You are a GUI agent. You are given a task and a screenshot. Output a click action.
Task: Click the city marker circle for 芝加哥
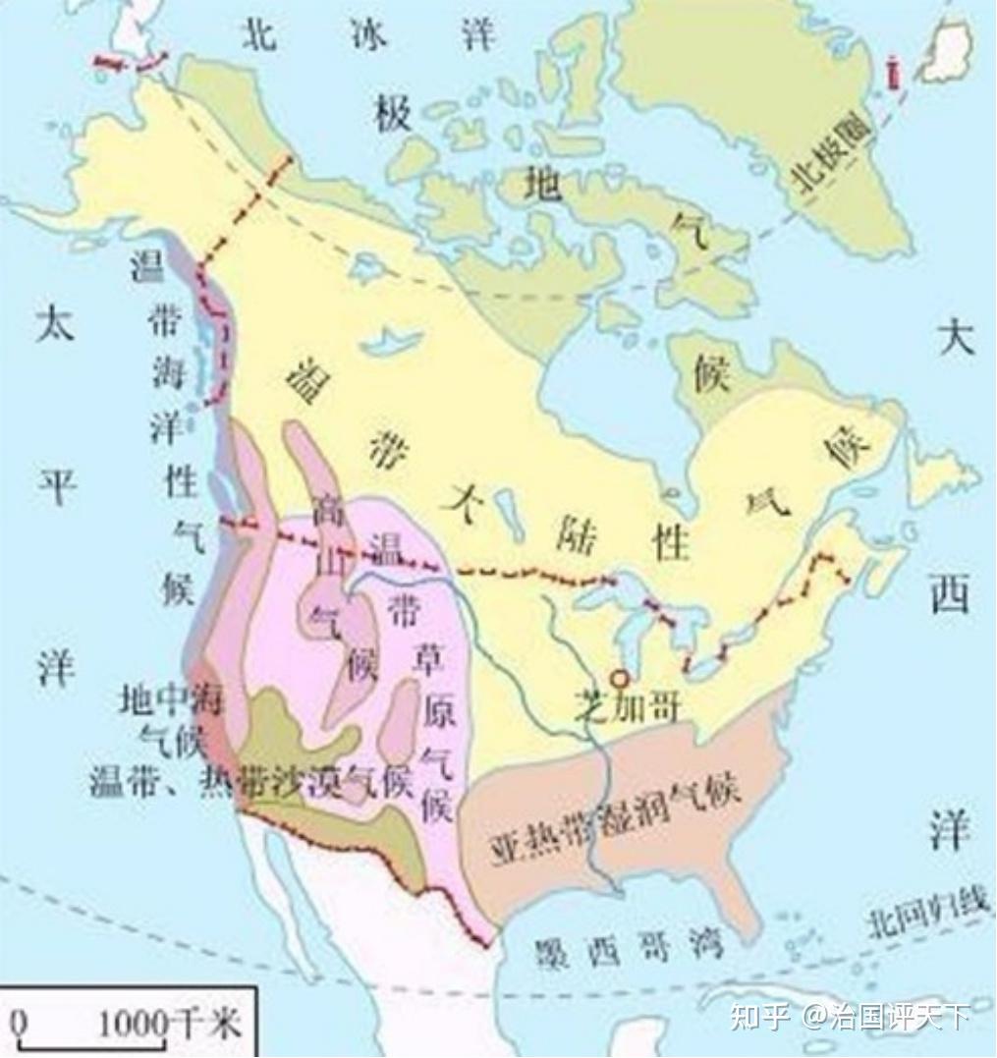click(619, 678)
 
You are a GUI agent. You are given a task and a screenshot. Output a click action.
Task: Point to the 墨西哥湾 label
click(630, 949)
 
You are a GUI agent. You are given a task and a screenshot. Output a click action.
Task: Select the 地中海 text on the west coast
click(172, 698)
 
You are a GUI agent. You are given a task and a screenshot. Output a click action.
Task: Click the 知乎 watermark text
click(757, 1015)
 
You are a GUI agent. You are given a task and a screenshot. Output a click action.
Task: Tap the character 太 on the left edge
click(55, 324)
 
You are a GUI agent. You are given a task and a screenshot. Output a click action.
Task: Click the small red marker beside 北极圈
click(894, 76)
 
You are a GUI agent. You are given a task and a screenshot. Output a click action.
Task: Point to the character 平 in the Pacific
click(56, 486)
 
